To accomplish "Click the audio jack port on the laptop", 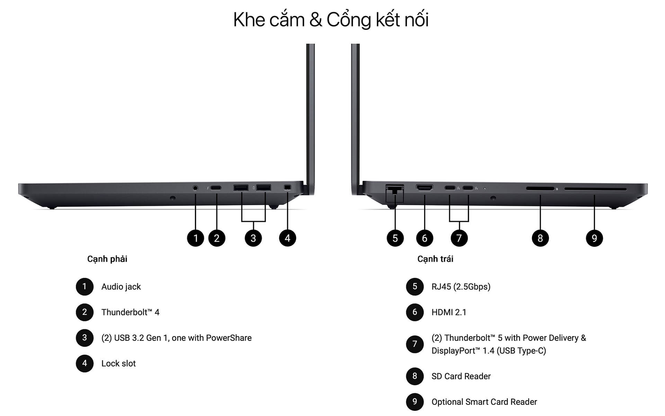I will pos(195,188).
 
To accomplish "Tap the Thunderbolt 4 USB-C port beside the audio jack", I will pos(216,188).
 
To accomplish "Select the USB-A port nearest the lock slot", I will pos(264,188).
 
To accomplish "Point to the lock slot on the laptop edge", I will pos(287,188).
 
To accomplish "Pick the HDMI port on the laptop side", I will pos(424,188).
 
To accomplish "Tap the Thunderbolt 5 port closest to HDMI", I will pos(450,188).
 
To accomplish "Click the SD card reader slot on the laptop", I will pos(540,189).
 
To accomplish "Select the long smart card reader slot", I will pos(595,189).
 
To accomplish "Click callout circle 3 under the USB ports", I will pos(253,238).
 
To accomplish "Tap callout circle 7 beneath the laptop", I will pos(459,238).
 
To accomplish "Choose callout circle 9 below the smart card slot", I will pos(594,238).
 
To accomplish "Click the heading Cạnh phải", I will pos(107,259).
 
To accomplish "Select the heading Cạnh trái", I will pos(435,259).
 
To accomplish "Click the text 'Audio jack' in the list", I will pos(121,287).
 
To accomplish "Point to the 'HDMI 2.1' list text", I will pos(449,312).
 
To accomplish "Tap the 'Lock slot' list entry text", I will pos(118,363).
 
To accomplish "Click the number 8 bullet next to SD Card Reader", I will pos(415,376).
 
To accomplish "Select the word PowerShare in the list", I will pos(229,338).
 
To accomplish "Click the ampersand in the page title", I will pos(316,20).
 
